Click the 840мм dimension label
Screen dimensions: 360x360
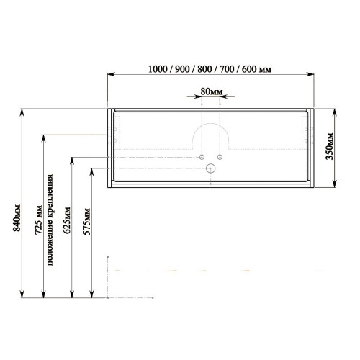(17, 218)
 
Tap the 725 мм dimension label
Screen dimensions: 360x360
(39, 220)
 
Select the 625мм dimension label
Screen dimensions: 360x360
(66, 220)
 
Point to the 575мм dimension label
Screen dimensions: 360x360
(86, 222)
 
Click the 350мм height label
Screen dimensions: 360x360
(329, 146)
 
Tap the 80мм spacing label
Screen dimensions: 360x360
(212, 91)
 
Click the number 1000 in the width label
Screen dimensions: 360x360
(158, 69)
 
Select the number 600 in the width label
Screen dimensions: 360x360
(249, 69)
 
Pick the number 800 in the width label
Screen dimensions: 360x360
(204, 69)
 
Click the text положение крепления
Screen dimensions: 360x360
(50, 220)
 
